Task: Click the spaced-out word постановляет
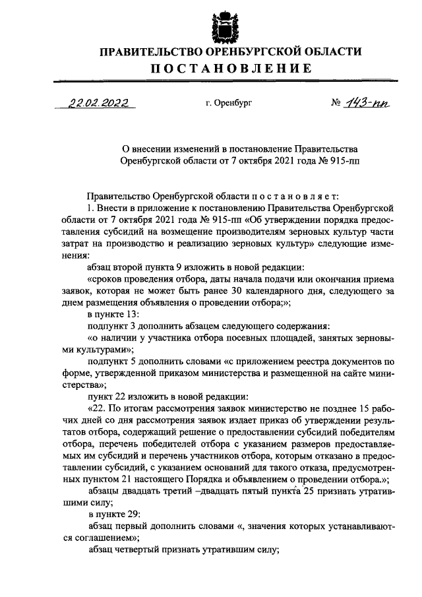tap(295, 196)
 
